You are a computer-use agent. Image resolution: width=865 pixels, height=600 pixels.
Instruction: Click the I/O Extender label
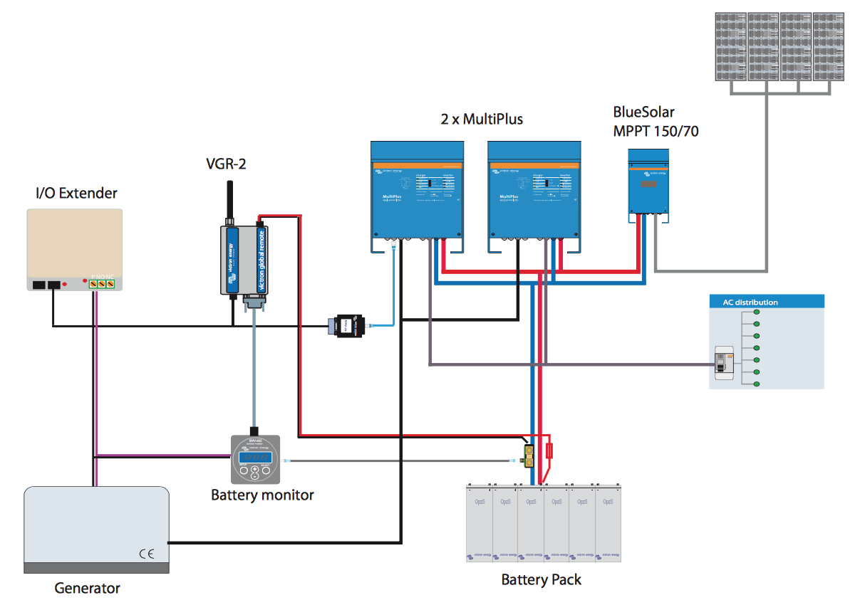coord(76,193)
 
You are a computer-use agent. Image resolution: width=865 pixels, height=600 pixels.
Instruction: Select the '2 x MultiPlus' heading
coord(482,119)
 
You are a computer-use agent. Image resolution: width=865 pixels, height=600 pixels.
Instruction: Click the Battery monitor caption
coord(262,495)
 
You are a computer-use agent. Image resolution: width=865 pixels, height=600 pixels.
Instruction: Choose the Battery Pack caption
coord(541,579)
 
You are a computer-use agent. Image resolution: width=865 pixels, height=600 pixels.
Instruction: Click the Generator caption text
coord(87,588)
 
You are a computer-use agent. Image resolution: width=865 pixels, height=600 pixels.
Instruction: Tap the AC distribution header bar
coord(767,302)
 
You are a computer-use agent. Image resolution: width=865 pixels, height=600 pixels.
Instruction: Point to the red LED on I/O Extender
coord(65,285)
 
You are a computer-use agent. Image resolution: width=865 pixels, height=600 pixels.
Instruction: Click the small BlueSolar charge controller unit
coord(648,181)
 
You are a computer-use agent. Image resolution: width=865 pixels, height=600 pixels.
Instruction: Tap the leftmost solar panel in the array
coord(730,46)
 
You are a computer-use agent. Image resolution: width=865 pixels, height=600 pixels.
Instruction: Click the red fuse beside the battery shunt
coord(550,451)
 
